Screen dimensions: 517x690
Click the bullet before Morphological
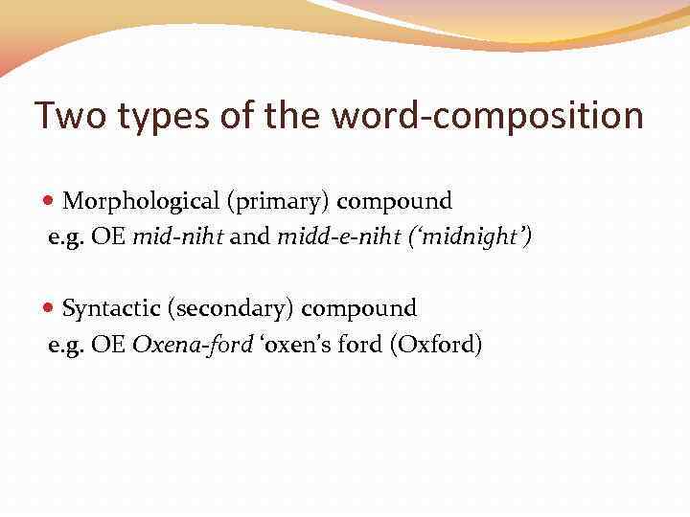pyautogui.click(x=52, y=202)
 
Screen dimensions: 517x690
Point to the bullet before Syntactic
pyautogui.click(x=52, y=309)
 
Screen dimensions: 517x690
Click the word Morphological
pyautogui.click(x=141, y=201)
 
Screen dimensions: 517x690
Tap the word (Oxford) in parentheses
pyautogui.click(x=435, y=345)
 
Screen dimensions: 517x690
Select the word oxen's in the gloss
pyautogui.click(x=293, y=345)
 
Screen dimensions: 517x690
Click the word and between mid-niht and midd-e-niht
pyautogui.click(x=250, y=236)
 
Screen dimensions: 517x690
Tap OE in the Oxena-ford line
pyautogui.click(x=108, y=345)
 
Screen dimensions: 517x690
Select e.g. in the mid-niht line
pyautogui.click(x=67, y=237)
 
